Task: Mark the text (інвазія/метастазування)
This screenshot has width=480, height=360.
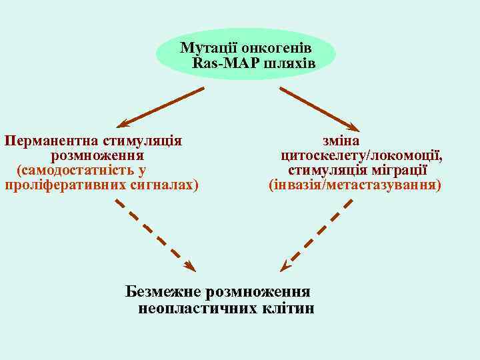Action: (354, 185)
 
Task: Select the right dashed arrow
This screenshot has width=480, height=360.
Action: (317, 233)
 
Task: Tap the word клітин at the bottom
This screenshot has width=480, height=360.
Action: (287, 308)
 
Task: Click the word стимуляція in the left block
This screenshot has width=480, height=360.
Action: (141, 141)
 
